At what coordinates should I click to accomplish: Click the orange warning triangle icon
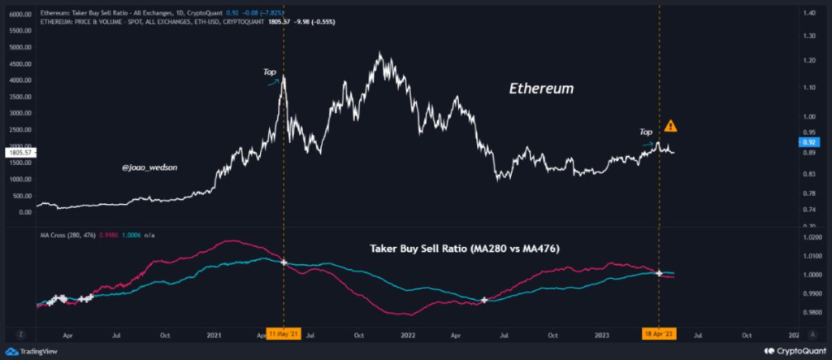pyautogui.click(x=670, y=126)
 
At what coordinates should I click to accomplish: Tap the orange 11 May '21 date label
pyautogui.click(x=284, y=333)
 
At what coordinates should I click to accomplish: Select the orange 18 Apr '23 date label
pyautogui.click(x=659, y=333)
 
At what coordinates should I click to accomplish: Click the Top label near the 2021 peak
pyautogui.click(x=270, y=72)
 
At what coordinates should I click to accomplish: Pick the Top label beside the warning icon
pyautogui.click(x=646, y=131)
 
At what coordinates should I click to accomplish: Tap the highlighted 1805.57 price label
pyautogui.click(x=17, y=152)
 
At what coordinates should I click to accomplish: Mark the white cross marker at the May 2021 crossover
pyautogui.click(x=284, y=262)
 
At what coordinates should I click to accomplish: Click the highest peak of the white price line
pyautogui.click(x=379, y=55)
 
